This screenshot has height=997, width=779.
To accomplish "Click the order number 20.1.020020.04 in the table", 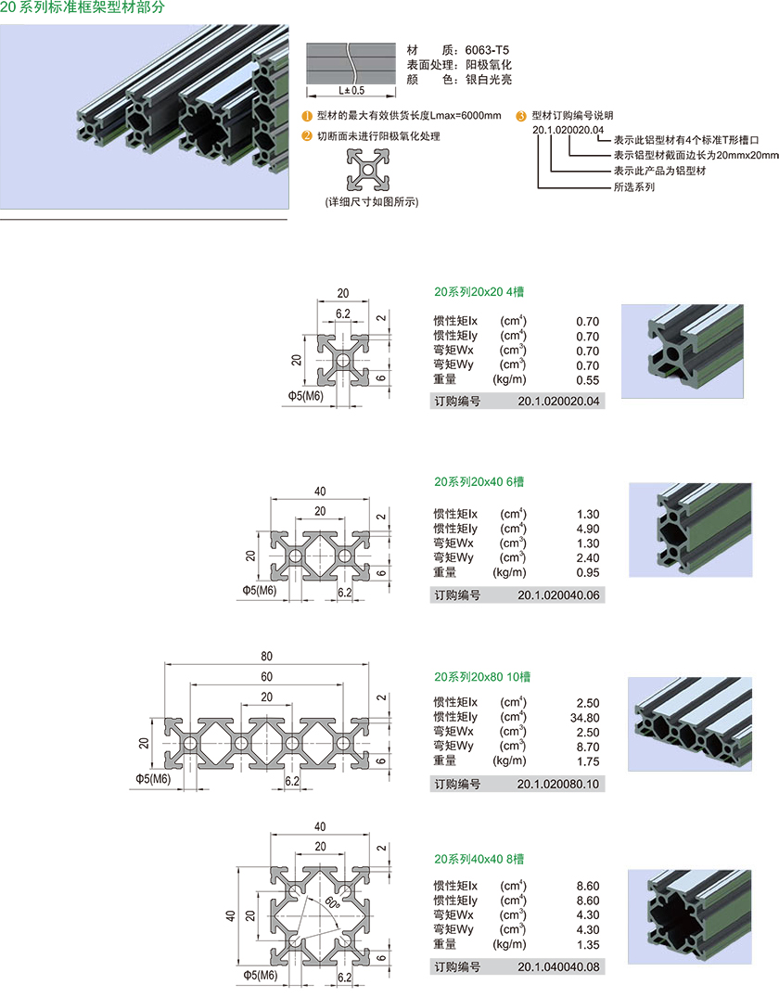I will click(x=559, y=402).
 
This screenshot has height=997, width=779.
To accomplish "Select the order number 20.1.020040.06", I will click(x=559, y=594).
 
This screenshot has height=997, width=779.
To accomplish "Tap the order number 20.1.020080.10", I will click(x=559, y=785).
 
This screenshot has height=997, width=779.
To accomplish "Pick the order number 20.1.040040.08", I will click(x=559, y=967).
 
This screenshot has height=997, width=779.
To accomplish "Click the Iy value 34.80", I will click(x=586, y=718).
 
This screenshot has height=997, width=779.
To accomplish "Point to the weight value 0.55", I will click(x=588, y=380).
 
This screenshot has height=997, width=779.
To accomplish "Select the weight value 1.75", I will click(x=588, y=761).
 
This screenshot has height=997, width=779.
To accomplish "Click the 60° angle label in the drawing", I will click(x=330, y=902).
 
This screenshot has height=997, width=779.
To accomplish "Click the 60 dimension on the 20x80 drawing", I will click(x=267, y=676).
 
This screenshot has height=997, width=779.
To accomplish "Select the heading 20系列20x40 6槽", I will click(x=479, y=482).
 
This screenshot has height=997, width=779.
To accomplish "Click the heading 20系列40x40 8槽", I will click(x=479, y=859).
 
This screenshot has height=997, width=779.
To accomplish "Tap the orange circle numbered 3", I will click(x=521, y=116).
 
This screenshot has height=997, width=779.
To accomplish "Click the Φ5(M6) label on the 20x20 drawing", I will click(x=308, y=397).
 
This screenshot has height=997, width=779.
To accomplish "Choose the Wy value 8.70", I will click(x=588, y=747).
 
